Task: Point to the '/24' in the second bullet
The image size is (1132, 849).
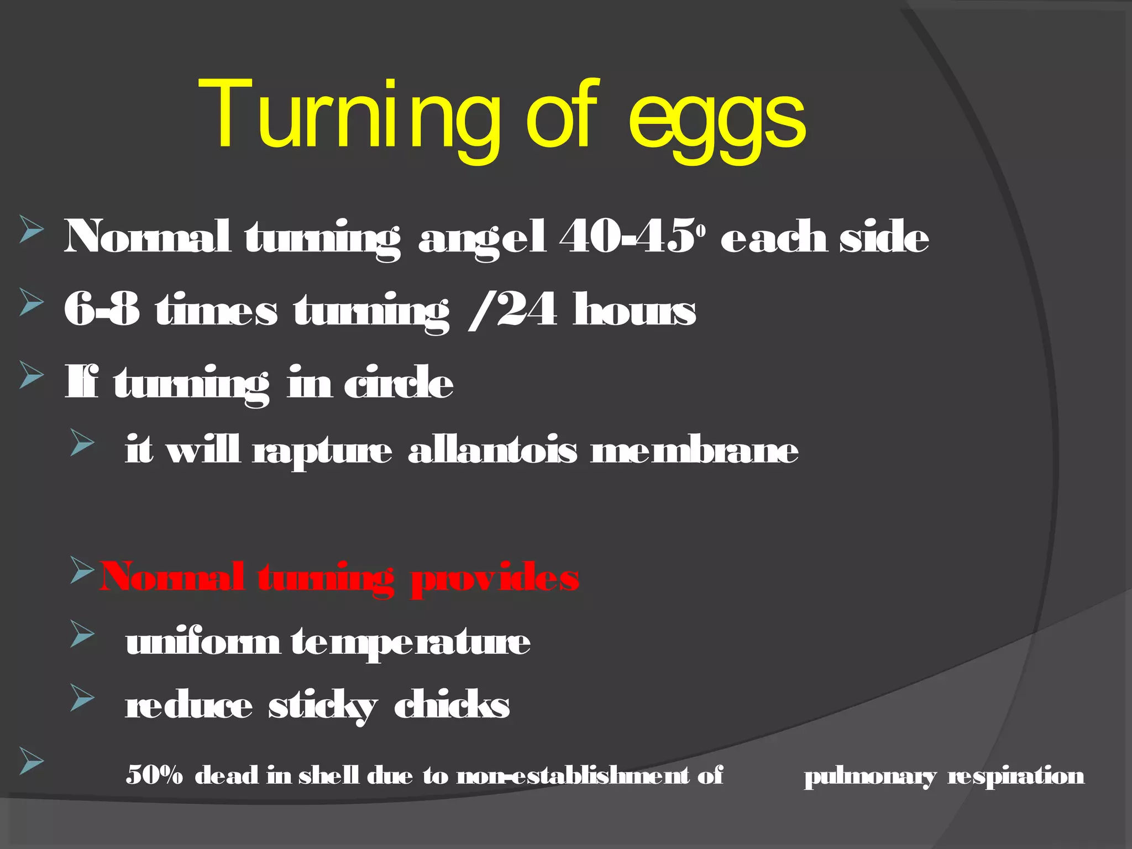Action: point(512,310)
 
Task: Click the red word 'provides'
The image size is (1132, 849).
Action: point(495,578)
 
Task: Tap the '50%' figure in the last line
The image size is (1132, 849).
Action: point(154,775)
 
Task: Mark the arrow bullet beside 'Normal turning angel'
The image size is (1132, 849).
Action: point(31,229)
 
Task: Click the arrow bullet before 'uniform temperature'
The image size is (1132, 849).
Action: point(82,633)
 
